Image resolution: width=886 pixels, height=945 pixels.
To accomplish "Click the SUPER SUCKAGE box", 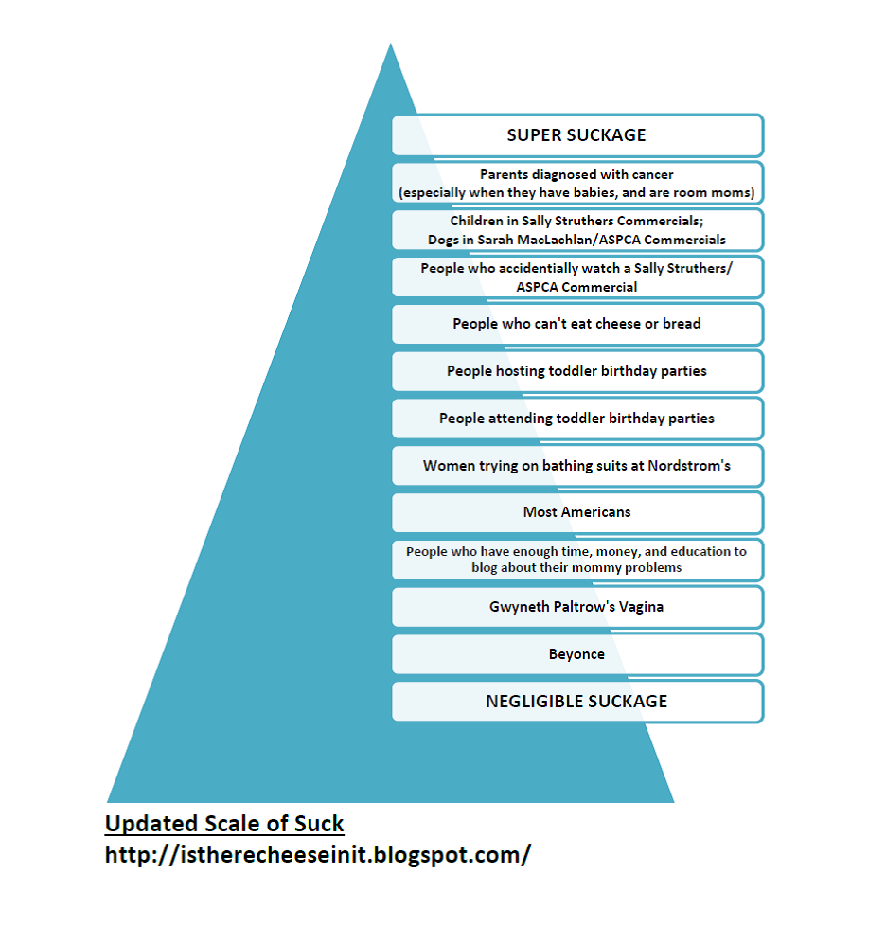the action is point(576,135).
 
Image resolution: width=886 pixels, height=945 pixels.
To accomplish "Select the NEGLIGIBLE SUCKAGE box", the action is point(576,702).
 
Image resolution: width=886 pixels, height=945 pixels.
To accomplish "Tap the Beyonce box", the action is point(576,654).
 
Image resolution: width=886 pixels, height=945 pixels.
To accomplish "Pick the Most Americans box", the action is point(576,512).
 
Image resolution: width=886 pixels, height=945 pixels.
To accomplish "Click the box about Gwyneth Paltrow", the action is point(576,607).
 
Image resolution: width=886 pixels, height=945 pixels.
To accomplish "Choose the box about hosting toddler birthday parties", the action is point(576,371).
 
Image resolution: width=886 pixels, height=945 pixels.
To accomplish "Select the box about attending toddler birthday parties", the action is point(576,419).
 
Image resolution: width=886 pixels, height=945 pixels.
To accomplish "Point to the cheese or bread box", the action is point(576,324).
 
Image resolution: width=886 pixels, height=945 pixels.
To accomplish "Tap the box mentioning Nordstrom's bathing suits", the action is point(576,466).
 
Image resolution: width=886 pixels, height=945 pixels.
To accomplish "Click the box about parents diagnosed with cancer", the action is point(576,183).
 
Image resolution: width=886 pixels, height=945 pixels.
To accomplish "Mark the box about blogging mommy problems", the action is point(576,560).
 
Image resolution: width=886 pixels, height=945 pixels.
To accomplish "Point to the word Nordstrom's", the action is point(690,466).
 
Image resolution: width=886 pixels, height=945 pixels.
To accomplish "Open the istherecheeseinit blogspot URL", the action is point(317,854).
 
